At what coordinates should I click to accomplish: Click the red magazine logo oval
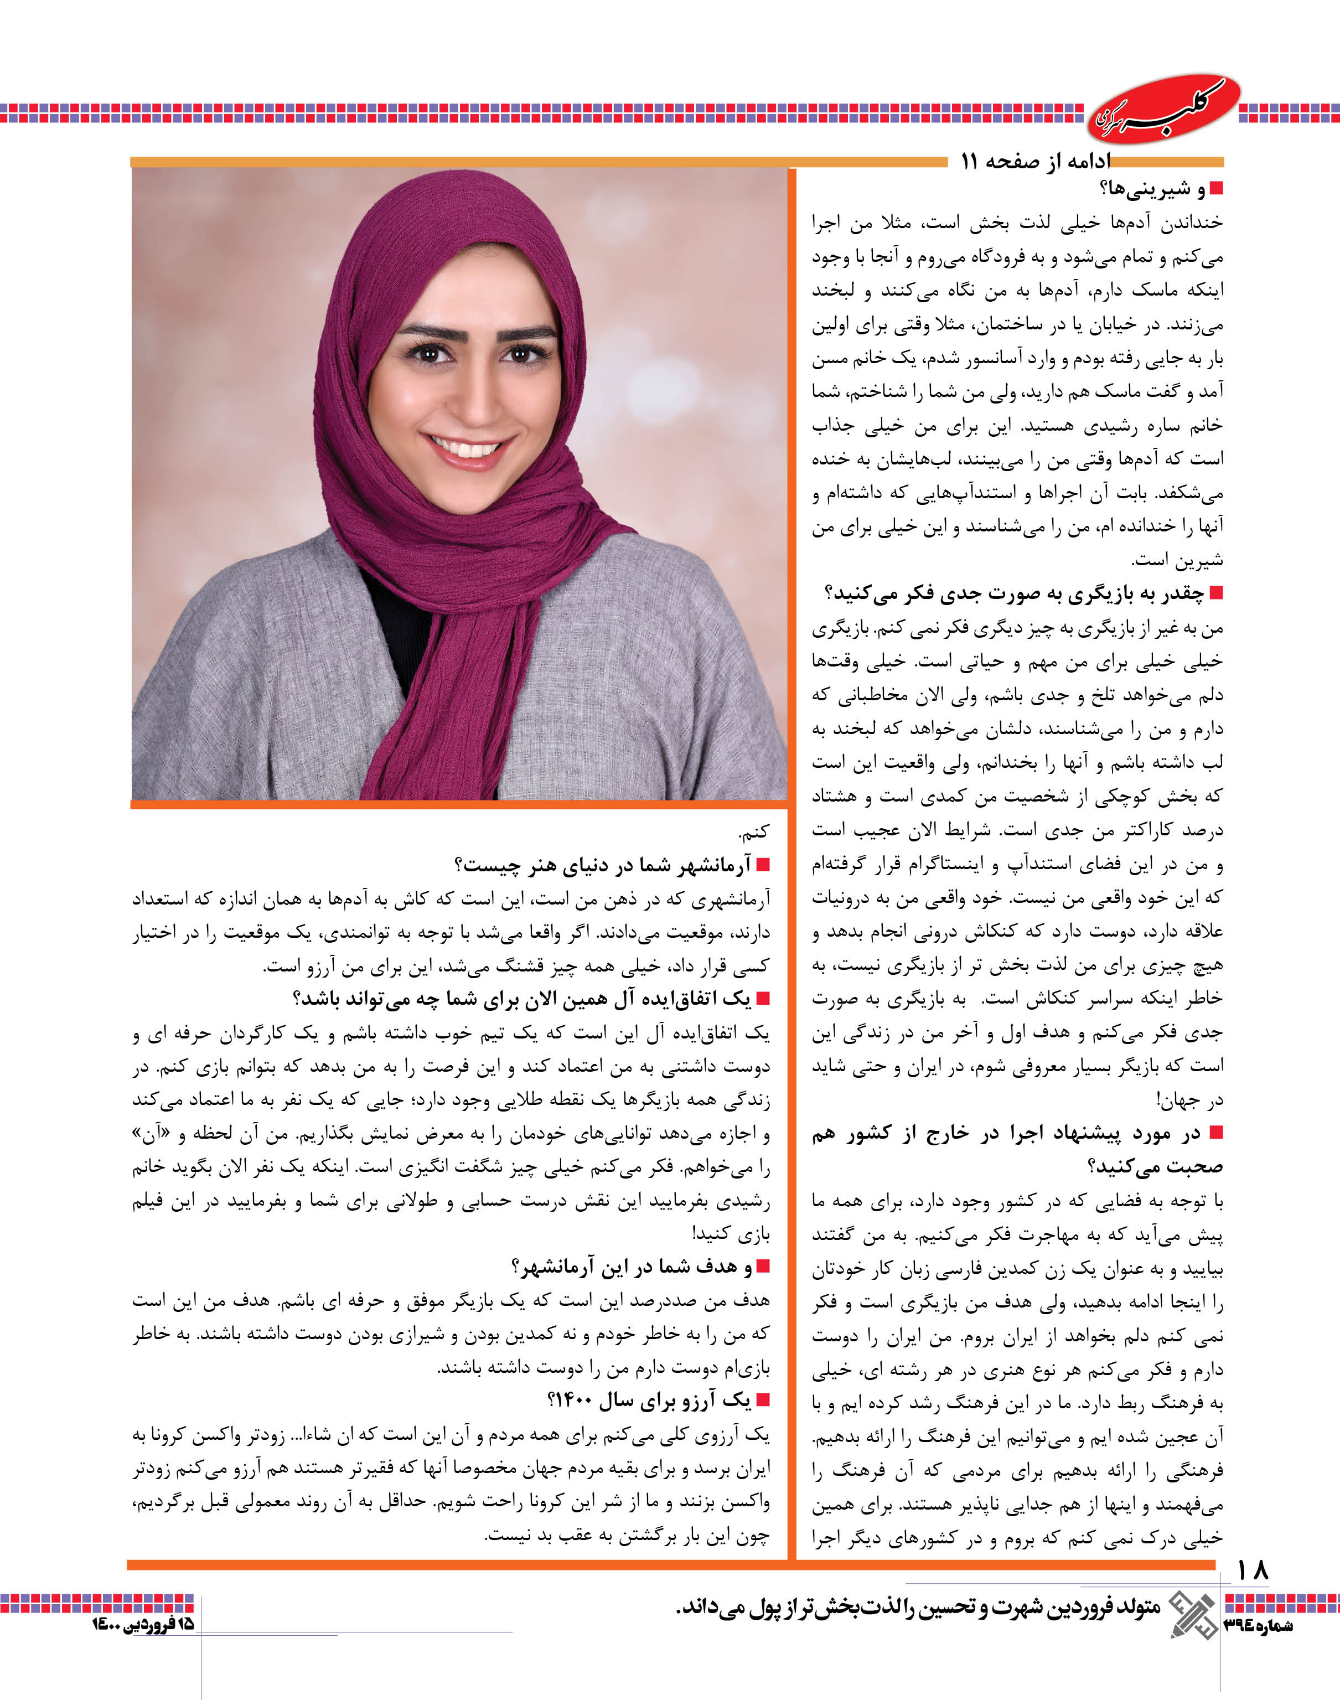[1163, 110]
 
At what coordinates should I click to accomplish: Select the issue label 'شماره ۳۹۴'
[1258, 1625]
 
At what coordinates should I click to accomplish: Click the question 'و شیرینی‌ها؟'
[1152, 189]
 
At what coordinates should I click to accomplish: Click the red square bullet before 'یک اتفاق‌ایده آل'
[761, 999]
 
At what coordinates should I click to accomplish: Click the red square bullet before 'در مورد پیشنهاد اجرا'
[1216, 1132]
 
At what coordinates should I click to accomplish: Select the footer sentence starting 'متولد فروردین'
[918, 1608]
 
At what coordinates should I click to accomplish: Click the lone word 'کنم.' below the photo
[754, 831]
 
